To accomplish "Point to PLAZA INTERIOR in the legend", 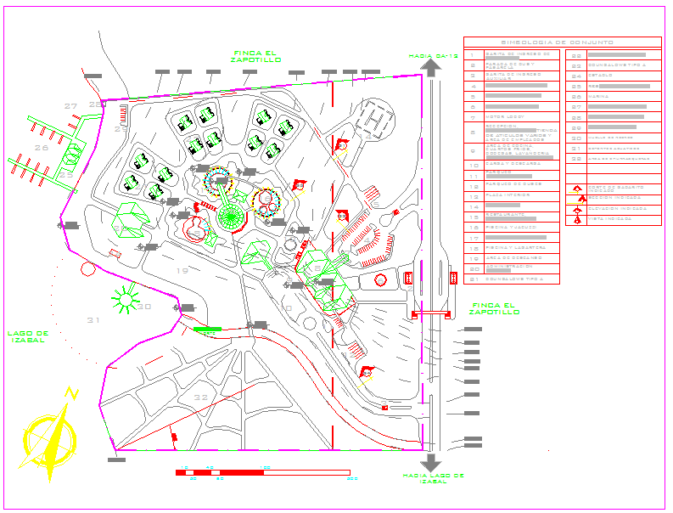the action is [x=507, y=195].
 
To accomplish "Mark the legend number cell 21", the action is [x=474, y=279].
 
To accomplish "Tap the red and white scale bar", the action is [x=261, y=471].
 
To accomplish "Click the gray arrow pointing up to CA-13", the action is [x=432, y=69].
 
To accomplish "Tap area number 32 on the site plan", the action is [x=200, y=397].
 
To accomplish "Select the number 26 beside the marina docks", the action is [x=42, y=148].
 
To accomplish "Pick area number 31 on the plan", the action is [x=93, y=319].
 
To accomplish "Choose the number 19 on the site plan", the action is [x=182, y=270].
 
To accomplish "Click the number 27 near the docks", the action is [x=71, y=106].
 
